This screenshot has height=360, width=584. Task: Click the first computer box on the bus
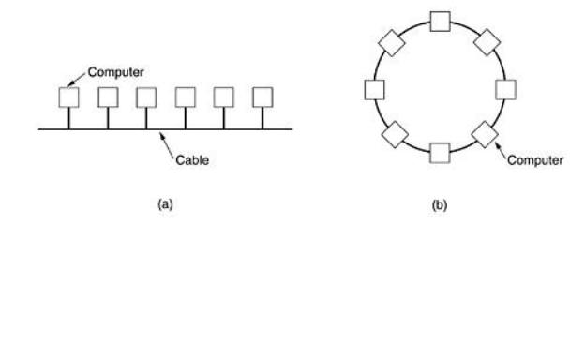(x=68, y=96)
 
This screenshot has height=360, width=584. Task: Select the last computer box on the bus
(x=262, y=96)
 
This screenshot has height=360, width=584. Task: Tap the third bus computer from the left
(x=146, y=96)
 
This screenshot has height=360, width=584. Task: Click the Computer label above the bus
(x=115, y=71)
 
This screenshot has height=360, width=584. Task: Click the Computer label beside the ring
(x=536, y=160)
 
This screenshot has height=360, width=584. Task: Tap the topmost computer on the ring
(x=440, y=22)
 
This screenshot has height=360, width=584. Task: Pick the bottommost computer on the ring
(x=440, y=153)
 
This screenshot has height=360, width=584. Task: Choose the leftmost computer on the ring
(x=374, y=89)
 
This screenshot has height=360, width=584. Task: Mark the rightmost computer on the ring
(x=505, y=89)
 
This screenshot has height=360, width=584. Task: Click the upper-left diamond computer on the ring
(x=392, y=42)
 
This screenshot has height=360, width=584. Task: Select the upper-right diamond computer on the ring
(x=487, y=41)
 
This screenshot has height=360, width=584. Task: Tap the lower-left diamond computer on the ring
(x=393, y=134)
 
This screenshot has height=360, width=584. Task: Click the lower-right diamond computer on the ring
(x=486, y=133)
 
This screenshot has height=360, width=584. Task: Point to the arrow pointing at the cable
(x=167, y=142)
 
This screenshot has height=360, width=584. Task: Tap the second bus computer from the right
(x=224, y=96)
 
